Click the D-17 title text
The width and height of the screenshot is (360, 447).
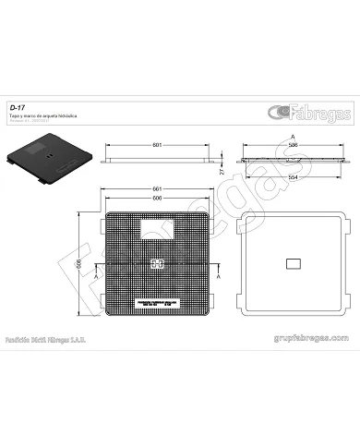point(17,107)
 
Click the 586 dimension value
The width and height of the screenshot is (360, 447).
point(294,145)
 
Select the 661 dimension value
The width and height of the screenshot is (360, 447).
point(158,190)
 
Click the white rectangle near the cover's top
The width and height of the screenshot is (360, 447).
point(157,226)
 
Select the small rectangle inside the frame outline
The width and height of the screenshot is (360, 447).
point(294,264)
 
